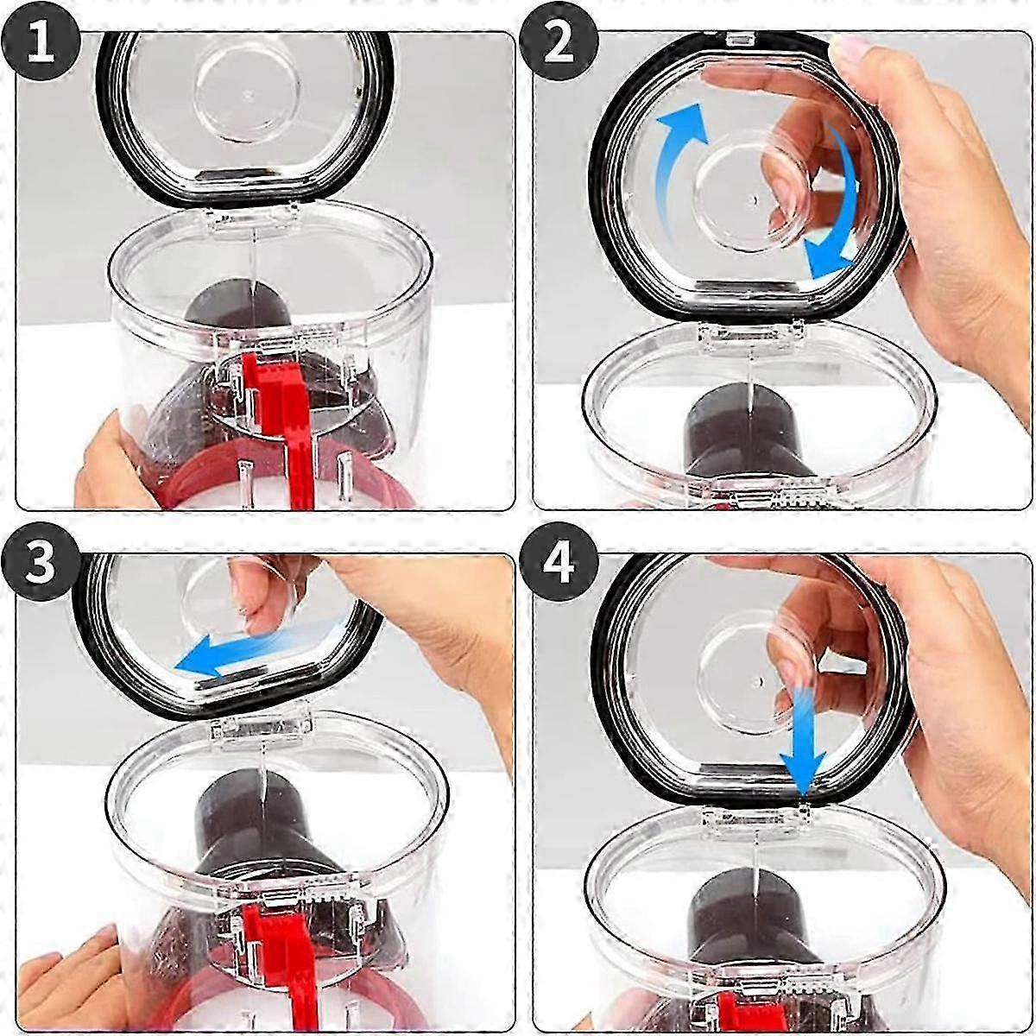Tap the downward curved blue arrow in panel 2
(833, 207)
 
